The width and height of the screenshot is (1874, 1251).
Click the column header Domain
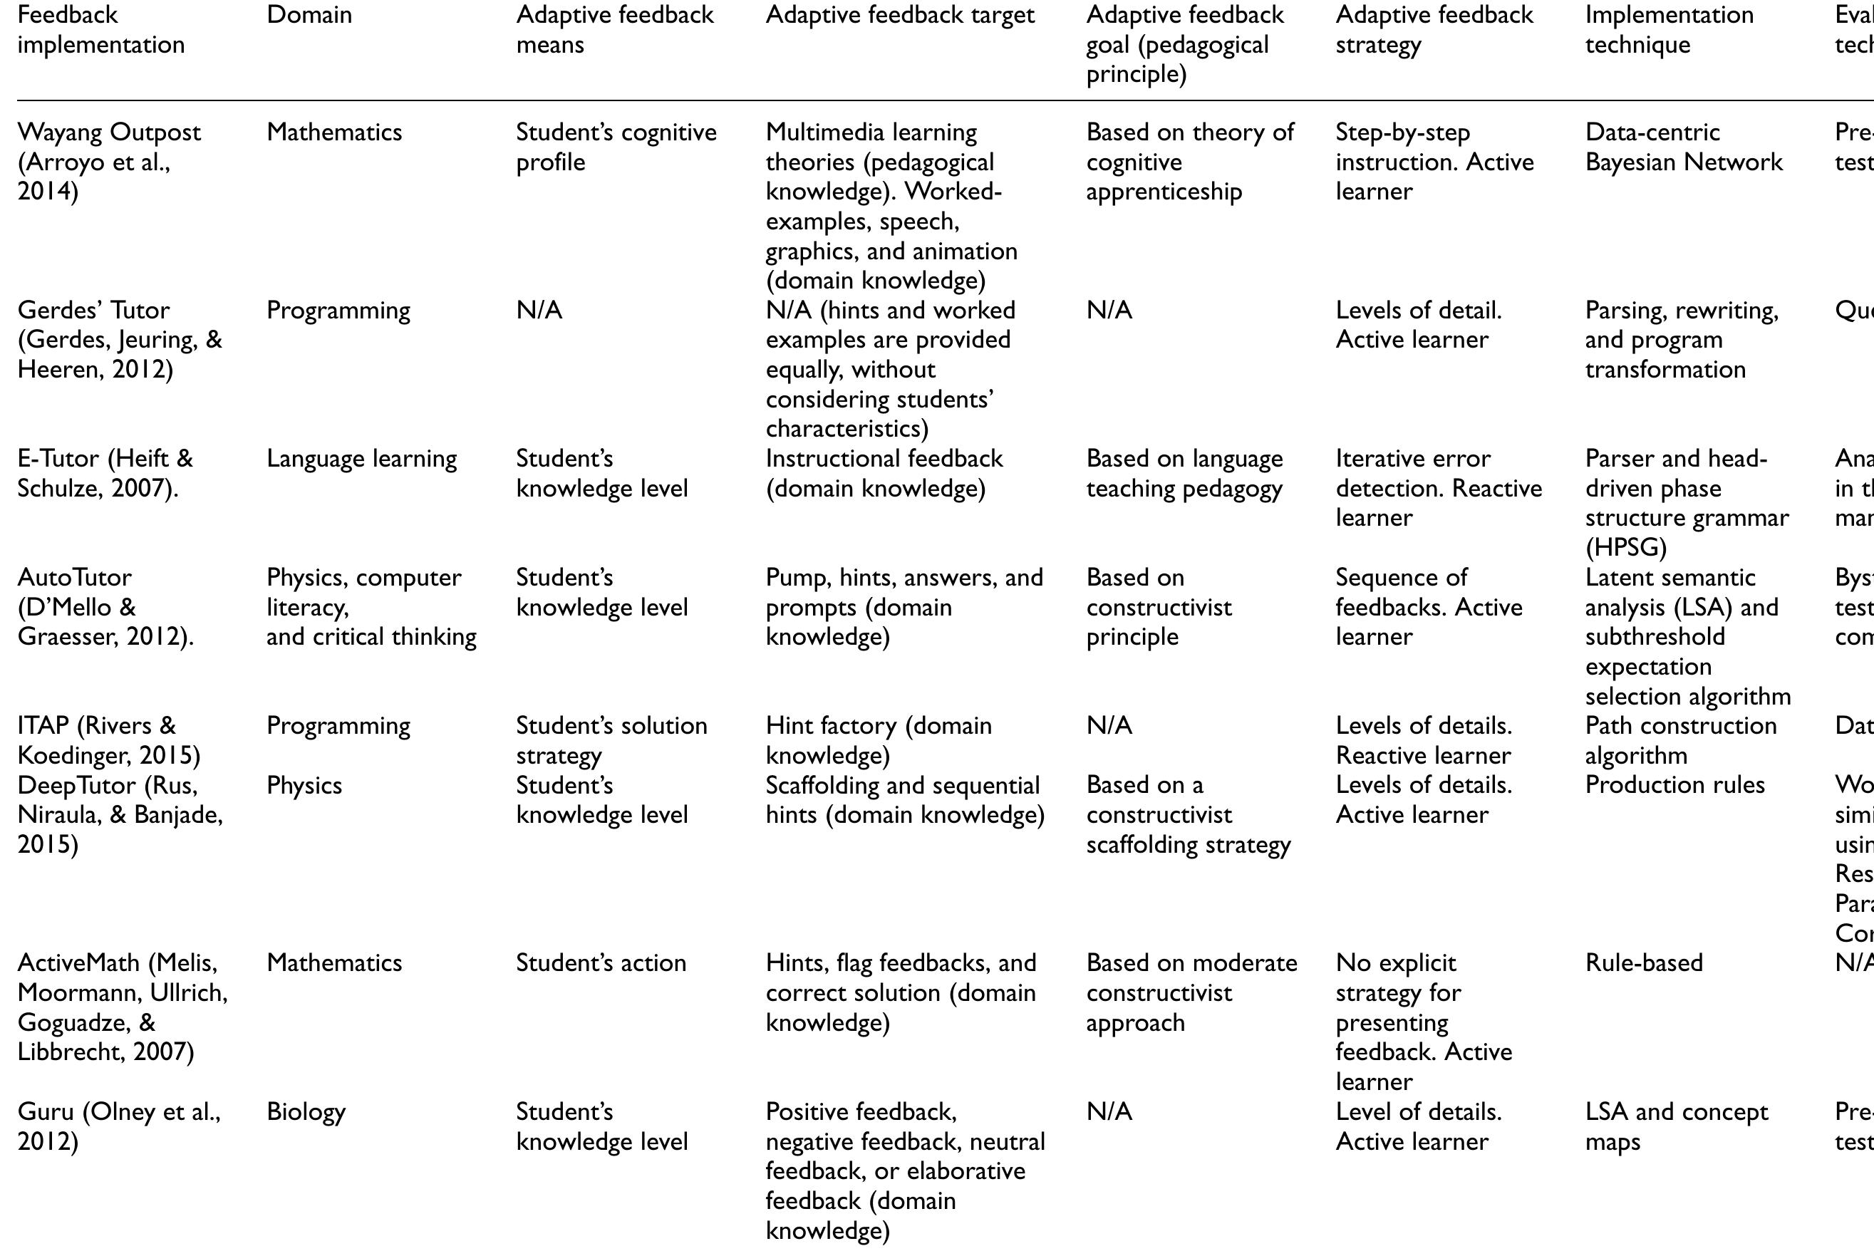coord(309,14)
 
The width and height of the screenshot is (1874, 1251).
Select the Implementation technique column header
coord(1669,29)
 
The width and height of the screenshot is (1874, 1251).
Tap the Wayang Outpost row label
coord(108,161)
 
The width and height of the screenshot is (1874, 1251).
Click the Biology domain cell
coord(306,1111)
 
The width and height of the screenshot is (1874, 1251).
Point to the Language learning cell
coord(361,459)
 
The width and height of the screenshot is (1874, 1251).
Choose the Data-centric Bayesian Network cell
coord(1683,147)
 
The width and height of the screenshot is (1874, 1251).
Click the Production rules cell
coord(1674,785)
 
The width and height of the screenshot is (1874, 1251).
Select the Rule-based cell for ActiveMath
coord(1643,963)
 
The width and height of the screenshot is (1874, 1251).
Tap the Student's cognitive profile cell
coord(616,147)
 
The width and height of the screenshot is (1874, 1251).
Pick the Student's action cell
coord(601,963)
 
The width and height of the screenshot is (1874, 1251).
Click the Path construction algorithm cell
coord(1680,740)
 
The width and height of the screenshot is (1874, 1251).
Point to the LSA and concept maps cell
coord(1676,1126)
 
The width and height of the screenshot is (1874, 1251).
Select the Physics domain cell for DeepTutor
coord(304,785)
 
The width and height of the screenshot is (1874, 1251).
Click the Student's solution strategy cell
coord(611,740)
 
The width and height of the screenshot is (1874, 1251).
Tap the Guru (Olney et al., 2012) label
coord(118,1126)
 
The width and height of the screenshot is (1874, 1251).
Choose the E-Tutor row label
coord(105,473)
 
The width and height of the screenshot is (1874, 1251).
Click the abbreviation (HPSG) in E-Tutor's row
coord(1625,547)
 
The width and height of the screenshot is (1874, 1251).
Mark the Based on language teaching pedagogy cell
coord(1184,473)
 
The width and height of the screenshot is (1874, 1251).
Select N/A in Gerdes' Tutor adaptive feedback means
coord(539,311)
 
